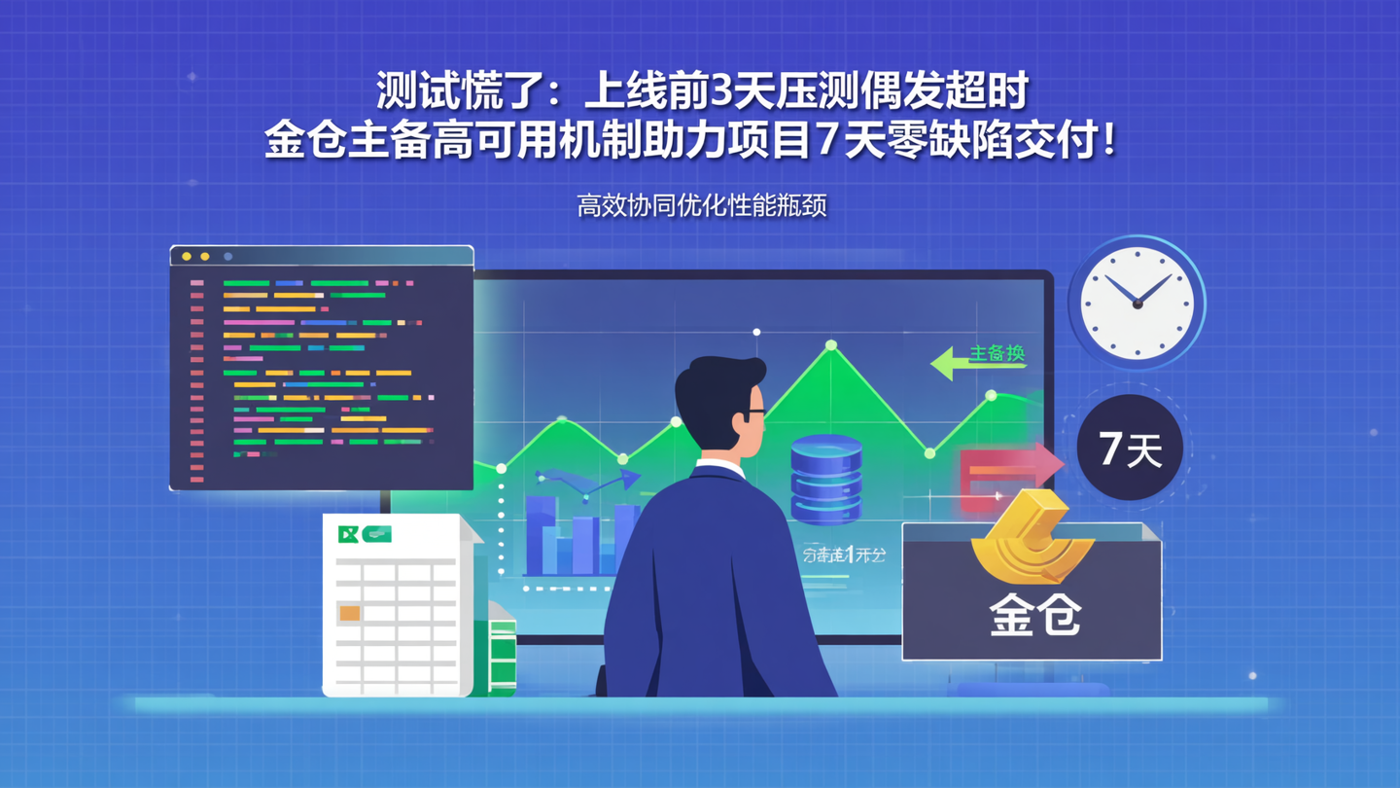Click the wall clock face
coord(1137,303)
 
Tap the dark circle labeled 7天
coord(1130,448)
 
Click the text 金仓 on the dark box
coord(1034,615)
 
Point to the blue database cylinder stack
coord(826,479)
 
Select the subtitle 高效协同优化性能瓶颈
coord(701,206)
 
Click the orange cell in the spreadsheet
coord(349,613)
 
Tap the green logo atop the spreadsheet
coord(364,533)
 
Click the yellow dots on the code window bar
coord(194,257)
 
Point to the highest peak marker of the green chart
coord(830,345)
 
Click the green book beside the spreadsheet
coord(502,657)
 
